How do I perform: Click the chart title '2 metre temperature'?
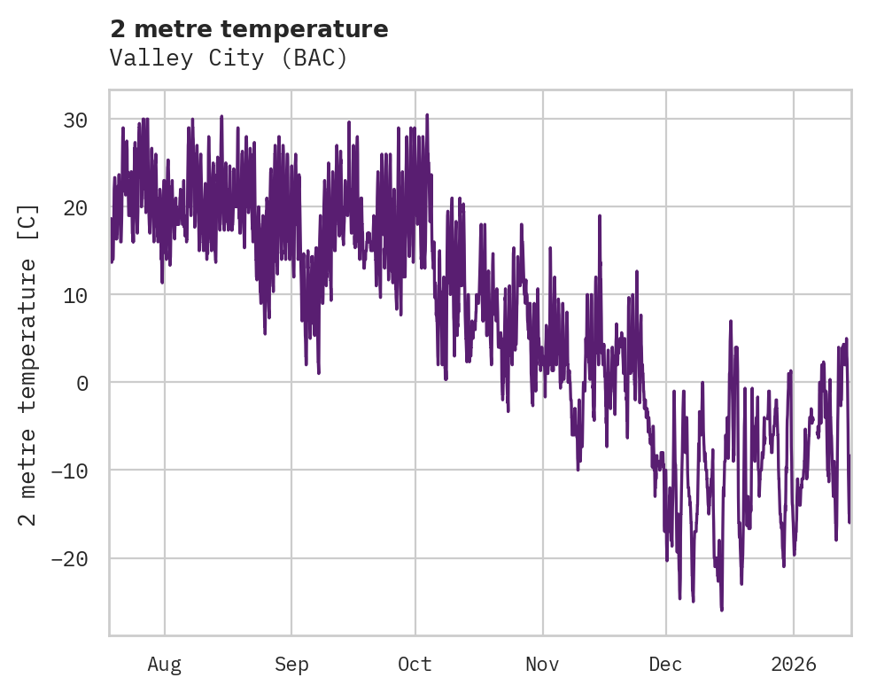[249, 29]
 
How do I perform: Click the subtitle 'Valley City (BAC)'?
[229, 58]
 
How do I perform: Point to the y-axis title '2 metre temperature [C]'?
[28, 364]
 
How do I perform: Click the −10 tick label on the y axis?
[74, 471]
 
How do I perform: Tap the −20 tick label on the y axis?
[74, 558]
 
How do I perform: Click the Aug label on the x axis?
[165, 664]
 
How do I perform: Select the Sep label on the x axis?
[291, 664]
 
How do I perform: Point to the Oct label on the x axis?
[415, 664]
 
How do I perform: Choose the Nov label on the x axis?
[542, 664]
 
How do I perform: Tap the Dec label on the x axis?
[665, 664]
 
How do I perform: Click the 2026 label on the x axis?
[794, 664]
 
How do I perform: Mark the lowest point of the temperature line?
[722, 611]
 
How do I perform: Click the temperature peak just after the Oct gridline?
[427, 114]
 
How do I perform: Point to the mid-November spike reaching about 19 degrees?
[600, 215]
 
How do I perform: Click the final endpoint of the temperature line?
[850, 522]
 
